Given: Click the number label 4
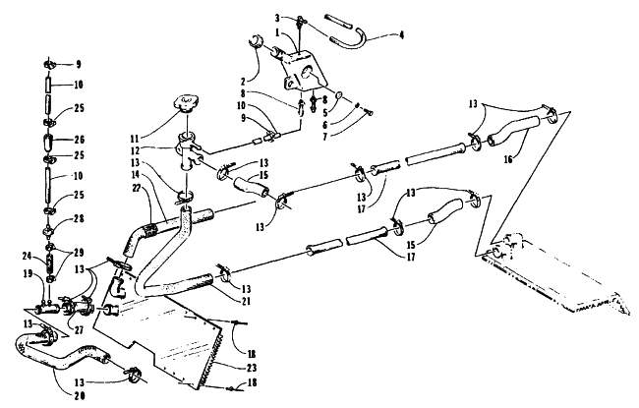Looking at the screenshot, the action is click(401, 35).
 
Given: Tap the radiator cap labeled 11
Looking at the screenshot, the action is click(187, 102).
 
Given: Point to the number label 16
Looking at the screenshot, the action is click(508, 159).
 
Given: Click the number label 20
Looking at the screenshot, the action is click(80, 395).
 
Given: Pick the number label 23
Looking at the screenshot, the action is click(252, 368).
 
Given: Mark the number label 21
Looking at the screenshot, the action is click(246, 302).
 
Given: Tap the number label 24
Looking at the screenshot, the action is click(27, 256).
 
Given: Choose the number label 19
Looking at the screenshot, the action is click(28, 274).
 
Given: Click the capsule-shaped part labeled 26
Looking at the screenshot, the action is click(47, 142).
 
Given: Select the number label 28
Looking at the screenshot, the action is click(79, 219).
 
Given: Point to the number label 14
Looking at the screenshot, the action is click(135, 174).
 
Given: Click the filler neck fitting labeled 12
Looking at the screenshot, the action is click(189, 152).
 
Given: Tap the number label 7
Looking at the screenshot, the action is click(324, 137).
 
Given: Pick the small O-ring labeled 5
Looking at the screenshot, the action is click(339, 95).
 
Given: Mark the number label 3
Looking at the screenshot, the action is click(277, 18).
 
